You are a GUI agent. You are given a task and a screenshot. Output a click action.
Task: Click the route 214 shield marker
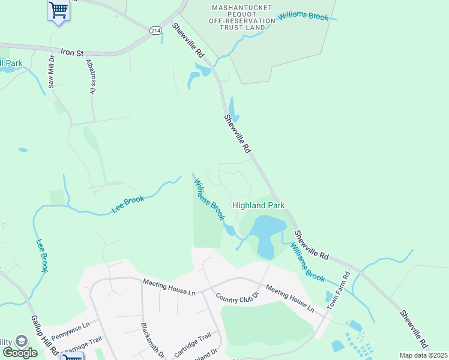[155, 31]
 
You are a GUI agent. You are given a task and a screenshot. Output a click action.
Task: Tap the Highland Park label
[258, 205]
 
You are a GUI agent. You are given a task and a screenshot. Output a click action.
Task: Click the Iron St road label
[71, 52]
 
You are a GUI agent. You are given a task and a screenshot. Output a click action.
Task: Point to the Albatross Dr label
[91, 77]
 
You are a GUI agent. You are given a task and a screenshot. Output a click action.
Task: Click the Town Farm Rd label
[338, 291]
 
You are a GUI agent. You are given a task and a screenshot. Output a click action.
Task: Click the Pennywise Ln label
[70, 328]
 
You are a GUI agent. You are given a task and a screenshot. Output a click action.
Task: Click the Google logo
[20, 352]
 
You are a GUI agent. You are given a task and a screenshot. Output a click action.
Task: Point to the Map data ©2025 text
[423, 355]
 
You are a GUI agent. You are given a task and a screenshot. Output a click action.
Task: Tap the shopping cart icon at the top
[58, 10]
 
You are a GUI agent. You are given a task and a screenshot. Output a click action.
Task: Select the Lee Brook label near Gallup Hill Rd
[41, 256]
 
